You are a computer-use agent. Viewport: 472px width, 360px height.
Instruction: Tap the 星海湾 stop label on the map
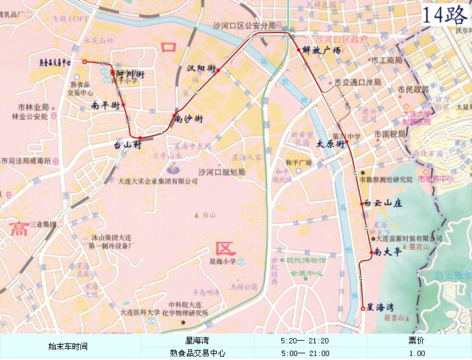click(x=381, y=307)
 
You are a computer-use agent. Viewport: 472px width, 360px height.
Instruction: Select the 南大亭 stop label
click(x=388, y=252)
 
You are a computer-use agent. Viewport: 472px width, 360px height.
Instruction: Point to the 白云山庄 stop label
click(x=384, y=204)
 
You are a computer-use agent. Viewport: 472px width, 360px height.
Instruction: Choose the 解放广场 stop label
click(x=321, y=50)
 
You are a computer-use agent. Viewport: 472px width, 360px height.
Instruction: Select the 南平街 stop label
click(x=106, y=105)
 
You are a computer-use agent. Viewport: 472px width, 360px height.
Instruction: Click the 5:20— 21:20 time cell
click(x=305, y=341)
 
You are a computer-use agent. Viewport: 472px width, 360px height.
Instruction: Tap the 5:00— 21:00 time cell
click(x=305, y=353)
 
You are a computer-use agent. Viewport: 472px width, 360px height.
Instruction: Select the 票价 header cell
click(x=417, y=341)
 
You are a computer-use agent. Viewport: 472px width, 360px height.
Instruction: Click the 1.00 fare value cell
click(x=417, y=353)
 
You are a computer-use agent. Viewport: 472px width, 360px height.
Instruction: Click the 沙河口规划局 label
click(x=222, y=172)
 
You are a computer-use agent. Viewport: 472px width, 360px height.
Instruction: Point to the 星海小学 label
click(x=223, y=262)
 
